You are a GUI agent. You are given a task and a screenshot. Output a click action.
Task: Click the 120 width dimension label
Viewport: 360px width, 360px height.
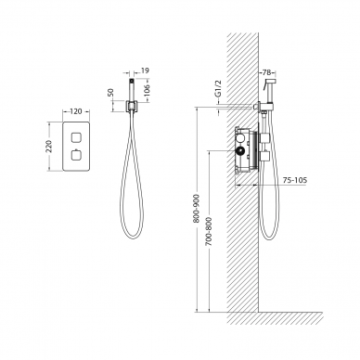click(x=76, y=111)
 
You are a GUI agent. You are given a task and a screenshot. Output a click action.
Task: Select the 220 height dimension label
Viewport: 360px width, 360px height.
click(x=49, y=147)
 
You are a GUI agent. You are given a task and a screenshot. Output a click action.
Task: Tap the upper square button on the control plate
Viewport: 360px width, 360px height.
click(x=76, y=137)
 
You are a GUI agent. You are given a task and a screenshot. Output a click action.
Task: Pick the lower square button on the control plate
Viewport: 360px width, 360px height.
click(x=76, y=155)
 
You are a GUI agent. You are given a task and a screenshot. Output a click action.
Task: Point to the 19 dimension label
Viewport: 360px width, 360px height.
click(x=145, y=71)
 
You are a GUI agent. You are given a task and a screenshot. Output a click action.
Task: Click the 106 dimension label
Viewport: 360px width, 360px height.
click(x=148, y=90)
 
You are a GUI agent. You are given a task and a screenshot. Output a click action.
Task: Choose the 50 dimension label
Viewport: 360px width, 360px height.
click(x=110, y=92)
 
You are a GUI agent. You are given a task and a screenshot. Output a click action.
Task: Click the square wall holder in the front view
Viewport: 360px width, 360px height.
click(x=131, y=106)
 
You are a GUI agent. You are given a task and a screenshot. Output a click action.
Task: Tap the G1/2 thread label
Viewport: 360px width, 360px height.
click(x=219, y=89)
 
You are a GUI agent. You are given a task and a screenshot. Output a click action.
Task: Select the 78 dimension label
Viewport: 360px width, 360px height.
click(x=266, y=72)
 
